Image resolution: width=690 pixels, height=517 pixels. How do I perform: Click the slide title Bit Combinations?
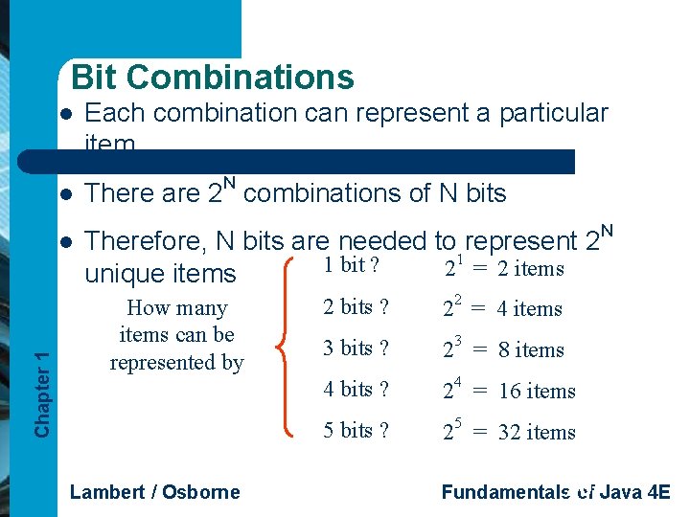coord(212,77)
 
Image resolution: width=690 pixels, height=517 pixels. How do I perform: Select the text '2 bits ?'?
coord(356,306)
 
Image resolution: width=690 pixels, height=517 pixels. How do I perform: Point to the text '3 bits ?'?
coord(356,348)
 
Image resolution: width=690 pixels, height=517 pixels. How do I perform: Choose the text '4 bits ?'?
coord(356,389)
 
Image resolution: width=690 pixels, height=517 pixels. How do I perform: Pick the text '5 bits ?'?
coord(356,430)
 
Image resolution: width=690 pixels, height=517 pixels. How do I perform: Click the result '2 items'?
coord(531,269)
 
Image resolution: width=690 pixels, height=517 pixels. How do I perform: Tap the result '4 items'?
coord(530,309)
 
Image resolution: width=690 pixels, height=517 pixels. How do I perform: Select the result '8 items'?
coord(530,350)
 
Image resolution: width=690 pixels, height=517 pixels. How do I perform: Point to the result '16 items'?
coord(537,392)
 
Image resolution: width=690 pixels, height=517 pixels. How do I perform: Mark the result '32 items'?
coord(537,433)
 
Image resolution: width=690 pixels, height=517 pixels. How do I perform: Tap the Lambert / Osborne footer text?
coord(155,492)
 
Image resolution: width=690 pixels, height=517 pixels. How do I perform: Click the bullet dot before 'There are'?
coord(64,193)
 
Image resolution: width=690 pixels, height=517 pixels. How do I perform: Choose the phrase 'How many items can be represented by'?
coord(177,335)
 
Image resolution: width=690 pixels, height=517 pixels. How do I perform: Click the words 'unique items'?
coord(160,274)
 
